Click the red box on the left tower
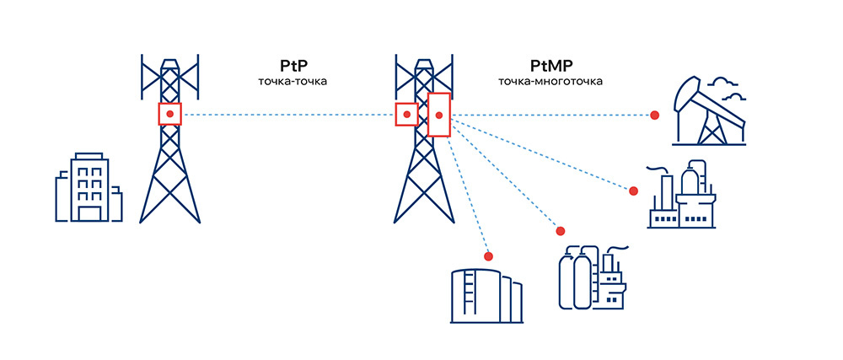[x=169, y=114]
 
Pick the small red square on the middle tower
[x=406, y=114]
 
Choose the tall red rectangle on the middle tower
[x=439, y=115]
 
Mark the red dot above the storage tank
[x=487, y=255]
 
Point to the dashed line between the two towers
[x=287, y=114]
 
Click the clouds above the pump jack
[x=727, y=88]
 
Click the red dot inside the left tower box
[x=169, y=114]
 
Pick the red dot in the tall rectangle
[x=439, y=115]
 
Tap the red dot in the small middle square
[x=406, y=114]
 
